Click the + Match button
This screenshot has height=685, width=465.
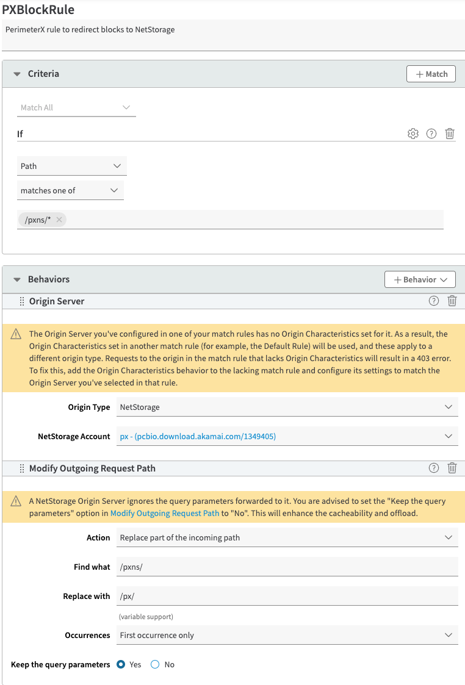(431, 74)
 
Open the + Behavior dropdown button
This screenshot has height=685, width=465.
(420, 279)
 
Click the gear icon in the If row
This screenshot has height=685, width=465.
(413, 134)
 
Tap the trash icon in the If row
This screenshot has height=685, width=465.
(450, 134)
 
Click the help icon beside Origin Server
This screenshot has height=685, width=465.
(434, 301)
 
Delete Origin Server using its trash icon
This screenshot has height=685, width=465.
(452, 301)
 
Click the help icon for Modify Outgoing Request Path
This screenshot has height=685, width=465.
(434, 468)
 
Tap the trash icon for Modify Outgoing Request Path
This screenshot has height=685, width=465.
(452, 468)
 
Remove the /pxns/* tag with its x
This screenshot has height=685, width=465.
(59, 220)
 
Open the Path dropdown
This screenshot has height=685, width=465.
(72, 166)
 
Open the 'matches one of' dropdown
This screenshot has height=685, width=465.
(70, 190)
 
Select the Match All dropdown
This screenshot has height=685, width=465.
(76, 107)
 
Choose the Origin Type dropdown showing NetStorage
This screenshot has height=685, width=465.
(287, 407)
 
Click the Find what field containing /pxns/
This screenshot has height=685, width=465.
(287, 567)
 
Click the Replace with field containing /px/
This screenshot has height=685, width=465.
(287, 596)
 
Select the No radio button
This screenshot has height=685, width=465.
(155, 664)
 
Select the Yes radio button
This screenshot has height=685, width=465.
(121, 664)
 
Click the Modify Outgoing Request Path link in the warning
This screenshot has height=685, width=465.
(165, 513)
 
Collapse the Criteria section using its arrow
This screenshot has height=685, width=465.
(17, 74)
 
